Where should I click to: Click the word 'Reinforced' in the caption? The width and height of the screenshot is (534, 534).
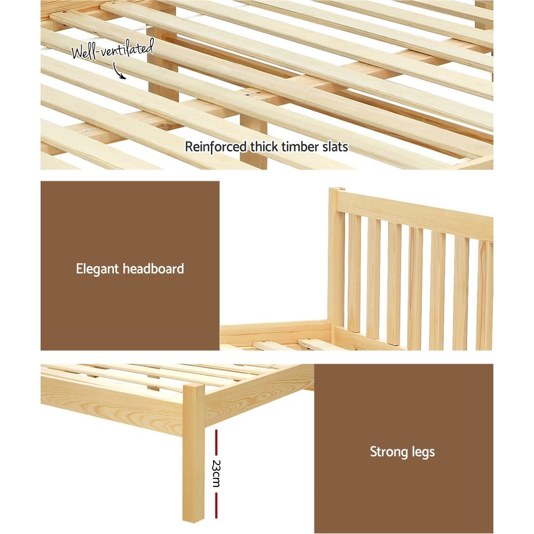pyautogui.click(x=209, y=146)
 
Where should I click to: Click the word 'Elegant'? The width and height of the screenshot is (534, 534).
pyautogui.click(x=97, y=269)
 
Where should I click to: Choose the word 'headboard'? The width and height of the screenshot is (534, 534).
pyautogui.click(x=153, y=269)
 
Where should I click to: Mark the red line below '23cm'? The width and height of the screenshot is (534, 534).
pyautogui.click(x=216, y=505)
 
